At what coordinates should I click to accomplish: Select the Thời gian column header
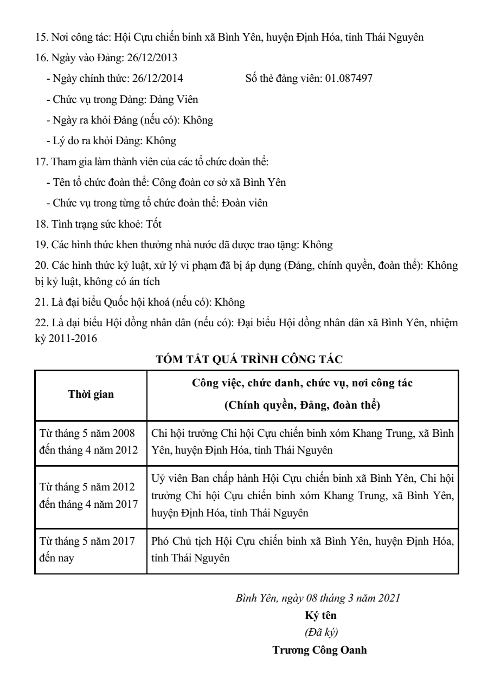tap(91, 394)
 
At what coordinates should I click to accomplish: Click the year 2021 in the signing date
tap(390, 598)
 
